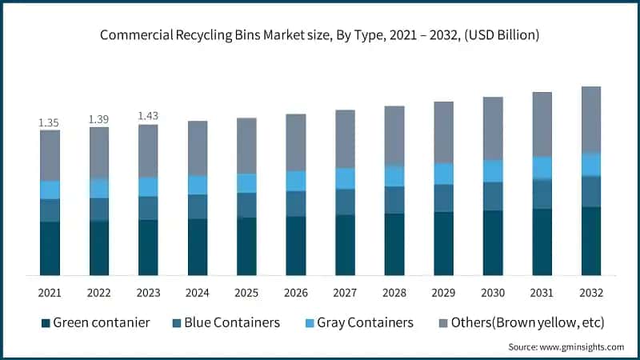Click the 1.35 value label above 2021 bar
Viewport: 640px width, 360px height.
pyautogui.click(x=50, y=123)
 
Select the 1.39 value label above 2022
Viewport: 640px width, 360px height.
pyautogui.click(x=99, y=119)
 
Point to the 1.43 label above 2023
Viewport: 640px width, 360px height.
pyautogui.click(x=148, y=116)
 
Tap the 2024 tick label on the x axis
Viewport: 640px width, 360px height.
pyautogui.click(x=198, y=293)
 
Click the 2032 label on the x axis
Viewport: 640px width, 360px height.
pyautogui.click(x=591, y=293)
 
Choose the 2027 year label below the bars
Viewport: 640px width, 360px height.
pyautogui.click(x=345, y=293)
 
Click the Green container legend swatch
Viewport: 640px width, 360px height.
pyautogui.click(x=46, y=323)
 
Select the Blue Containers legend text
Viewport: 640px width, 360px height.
pyautogui.click(x=232, y=322)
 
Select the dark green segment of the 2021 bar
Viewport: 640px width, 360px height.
pyautogui.click(x=50, y=248)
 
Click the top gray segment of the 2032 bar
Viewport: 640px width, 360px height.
pyautogui.click(x=591, y=119)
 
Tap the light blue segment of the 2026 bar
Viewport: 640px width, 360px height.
pyautogui.click(x=296, y=181)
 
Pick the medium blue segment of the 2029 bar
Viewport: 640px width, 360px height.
pyautogui.click(x=444, y=198)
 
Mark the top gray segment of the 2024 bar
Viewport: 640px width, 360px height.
pyautogui.click(x=198, y=148)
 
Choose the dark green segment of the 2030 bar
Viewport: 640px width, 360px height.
pyautogui.click(x=493, y=242)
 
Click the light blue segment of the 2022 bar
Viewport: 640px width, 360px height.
pyautogui.click(x=99, y=188)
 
